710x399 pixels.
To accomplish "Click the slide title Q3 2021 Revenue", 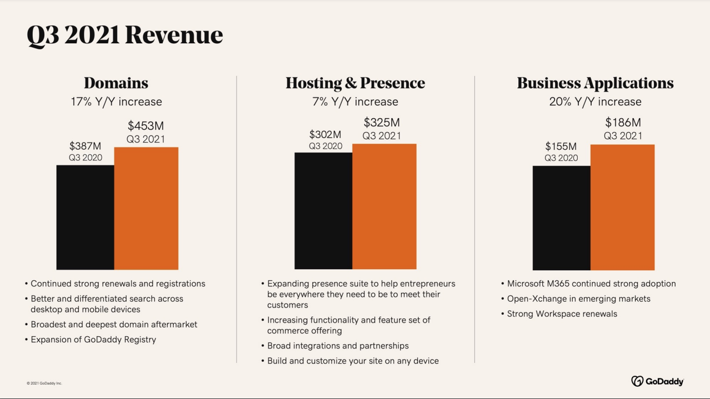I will (124, 35).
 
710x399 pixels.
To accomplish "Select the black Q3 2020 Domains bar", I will (85, 217).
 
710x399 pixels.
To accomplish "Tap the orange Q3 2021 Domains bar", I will (146, 208).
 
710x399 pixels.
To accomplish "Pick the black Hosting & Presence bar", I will (323, 211).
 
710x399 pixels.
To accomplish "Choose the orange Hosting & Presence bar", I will (384, 206).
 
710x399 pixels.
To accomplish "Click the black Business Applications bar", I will (561, 218).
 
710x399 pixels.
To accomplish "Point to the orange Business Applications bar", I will (622, 207).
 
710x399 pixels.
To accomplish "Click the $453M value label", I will (146, 126).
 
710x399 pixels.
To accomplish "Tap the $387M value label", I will (85, 146).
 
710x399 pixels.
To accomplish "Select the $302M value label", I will (325, 134).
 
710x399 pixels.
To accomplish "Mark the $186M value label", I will (623, 123).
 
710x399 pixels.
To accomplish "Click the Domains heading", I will (116, 83).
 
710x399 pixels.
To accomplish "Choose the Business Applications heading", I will (595, 83).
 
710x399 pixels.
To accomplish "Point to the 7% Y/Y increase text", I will (355, 102).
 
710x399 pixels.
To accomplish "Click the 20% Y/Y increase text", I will (595, 102).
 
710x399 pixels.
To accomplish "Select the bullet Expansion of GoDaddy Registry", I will (93, 339).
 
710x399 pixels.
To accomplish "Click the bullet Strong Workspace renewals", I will (562, 314).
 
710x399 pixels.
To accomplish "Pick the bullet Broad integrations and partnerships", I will (338, 346).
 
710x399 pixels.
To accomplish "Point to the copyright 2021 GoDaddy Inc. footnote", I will (44, 383).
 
